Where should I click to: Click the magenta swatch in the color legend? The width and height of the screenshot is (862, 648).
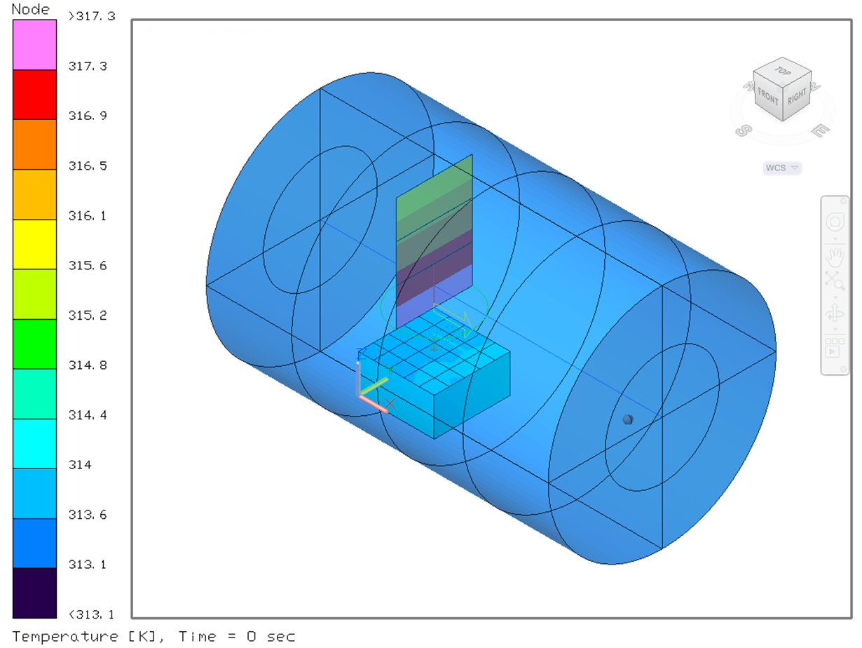pos(34,45)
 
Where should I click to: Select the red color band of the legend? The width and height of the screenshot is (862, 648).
pos(34,95)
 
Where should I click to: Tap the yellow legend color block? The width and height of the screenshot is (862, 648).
pos(34,245)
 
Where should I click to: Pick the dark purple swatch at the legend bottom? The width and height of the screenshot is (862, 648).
pos(34,593)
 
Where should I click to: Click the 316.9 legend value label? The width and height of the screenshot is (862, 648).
pos(88,116)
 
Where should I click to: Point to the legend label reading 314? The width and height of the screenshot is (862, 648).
pos(80,465)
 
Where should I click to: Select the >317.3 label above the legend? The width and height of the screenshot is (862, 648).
pos(92,16)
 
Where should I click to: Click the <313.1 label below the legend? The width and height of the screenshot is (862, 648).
pos(92,614)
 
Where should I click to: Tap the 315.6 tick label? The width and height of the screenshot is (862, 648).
pos(88,266)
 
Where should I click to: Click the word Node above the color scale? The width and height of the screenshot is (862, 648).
pos(31,9)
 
